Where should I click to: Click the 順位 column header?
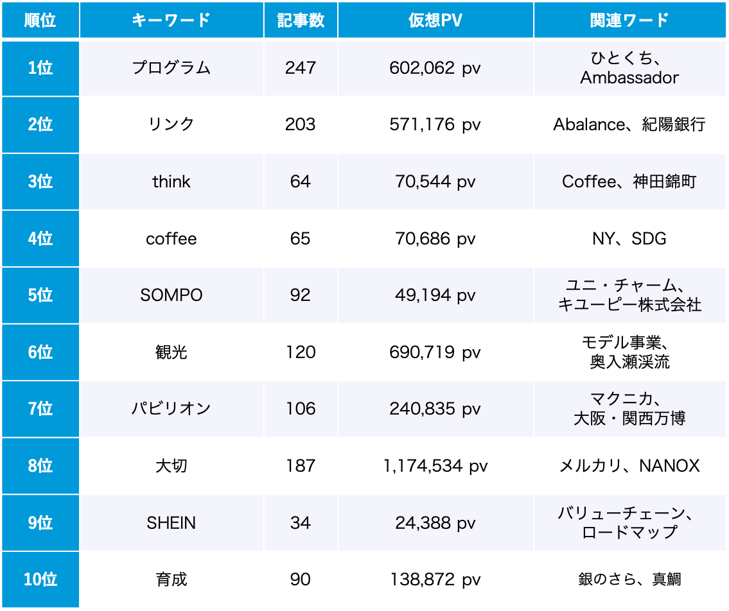point(40,20)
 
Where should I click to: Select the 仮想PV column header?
point(435,20)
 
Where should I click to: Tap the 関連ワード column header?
point(629,20)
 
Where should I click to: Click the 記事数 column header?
point(300,20)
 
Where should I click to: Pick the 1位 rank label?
point(40,68)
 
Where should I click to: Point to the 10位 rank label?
point(40,580)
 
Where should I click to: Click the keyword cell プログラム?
point(171,68)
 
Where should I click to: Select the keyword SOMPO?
point(171,295)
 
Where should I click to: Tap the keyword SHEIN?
point(171,523)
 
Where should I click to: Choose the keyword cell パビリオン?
point(171,409)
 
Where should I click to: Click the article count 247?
point(300,68)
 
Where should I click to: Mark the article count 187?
point(300,466)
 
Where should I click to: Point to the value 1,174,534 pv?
point(435,466)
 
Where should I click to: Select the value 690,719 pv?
point(435,352)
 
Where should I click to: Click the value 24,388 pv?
point(435,523)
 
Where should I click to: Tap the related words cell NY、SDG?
point(629,239)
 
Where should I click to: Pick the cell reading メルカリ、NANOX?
point(629,466)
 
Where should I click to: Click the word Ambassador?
point(629,78)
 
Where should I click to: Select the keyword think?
point(171,182)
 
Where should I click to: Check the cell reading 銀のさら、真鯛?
point(629,580)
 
